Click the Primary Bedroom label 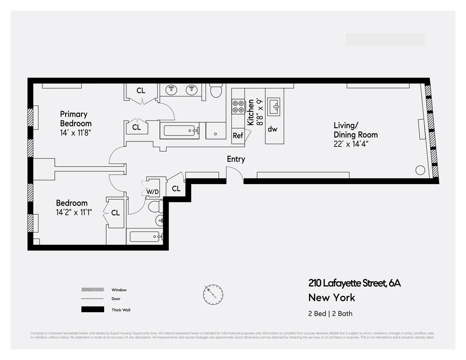(76, 119)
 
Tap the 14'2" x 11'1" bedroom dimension (74, 212)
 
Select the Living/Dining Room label (355, 130)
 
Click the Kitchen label (251, 112)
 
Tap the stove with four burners (238, 107)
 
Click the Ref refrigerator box (238, 136)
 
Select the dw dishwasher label (272, 129)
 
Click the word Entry (236, 159)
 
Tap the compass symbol (213, 294)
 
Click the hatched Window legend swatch (92, 290)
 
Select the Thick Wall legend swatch (92, 310)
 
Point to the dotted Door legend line (92, 299)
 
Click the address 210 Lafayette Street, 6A (354, 283)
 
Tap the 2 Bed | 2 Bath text (330, 313)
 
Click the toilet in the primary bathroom (216, 91)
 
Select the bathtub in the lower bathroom (144, 237)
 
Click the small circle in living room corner (419, 170)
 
